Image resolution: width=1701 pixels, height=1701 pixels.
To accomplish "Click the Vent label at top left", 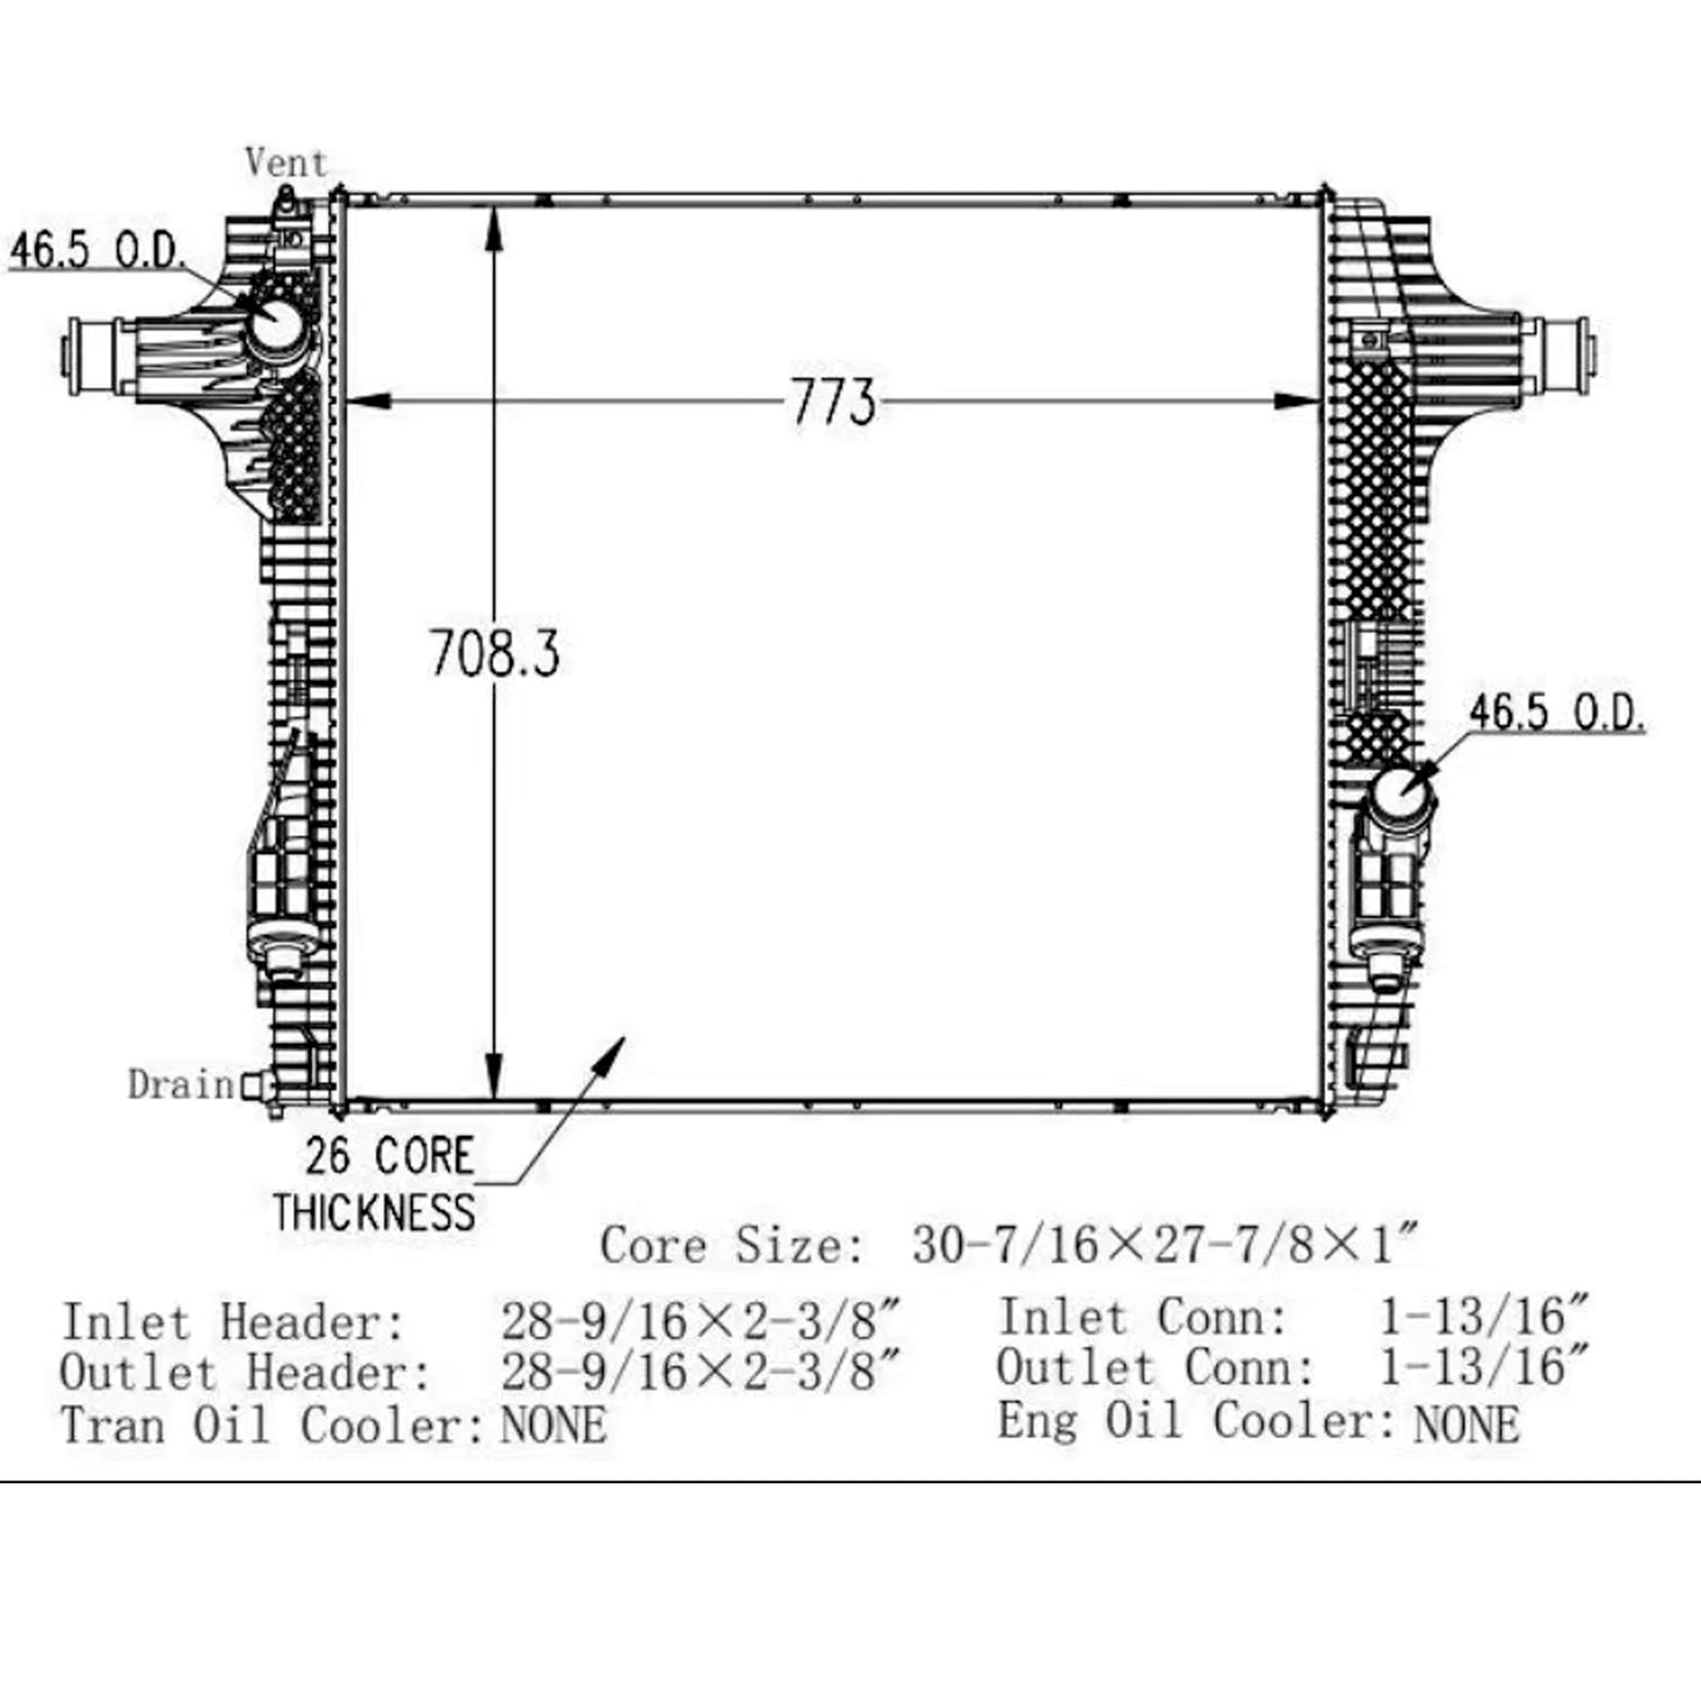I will point(285,163).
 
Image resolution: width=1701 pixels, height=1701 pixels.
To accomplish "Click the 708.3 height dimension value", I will point(494,653).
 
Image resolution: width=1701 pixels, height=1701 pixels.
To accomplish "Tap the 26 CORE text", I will point(389,1156).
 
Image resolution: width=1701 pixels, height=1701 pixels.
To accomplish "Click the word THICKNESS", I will point(374,1213).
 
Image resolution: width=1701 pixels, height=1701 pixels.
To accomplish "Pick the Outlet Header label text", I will point(246,1372).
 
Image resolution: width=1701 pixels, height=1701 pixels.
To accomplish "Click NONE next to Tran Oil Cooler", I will point(553,1425).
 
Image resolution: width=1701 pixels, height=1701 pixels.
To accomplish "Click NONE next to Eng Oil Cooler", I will point(1466,1423).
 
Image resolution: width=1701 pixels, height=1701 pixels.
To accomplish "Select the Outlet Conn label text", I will point(1155,1368).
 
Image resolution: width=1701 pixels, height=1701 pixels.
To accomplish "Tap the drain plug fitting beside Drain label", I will point(255,1086).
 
